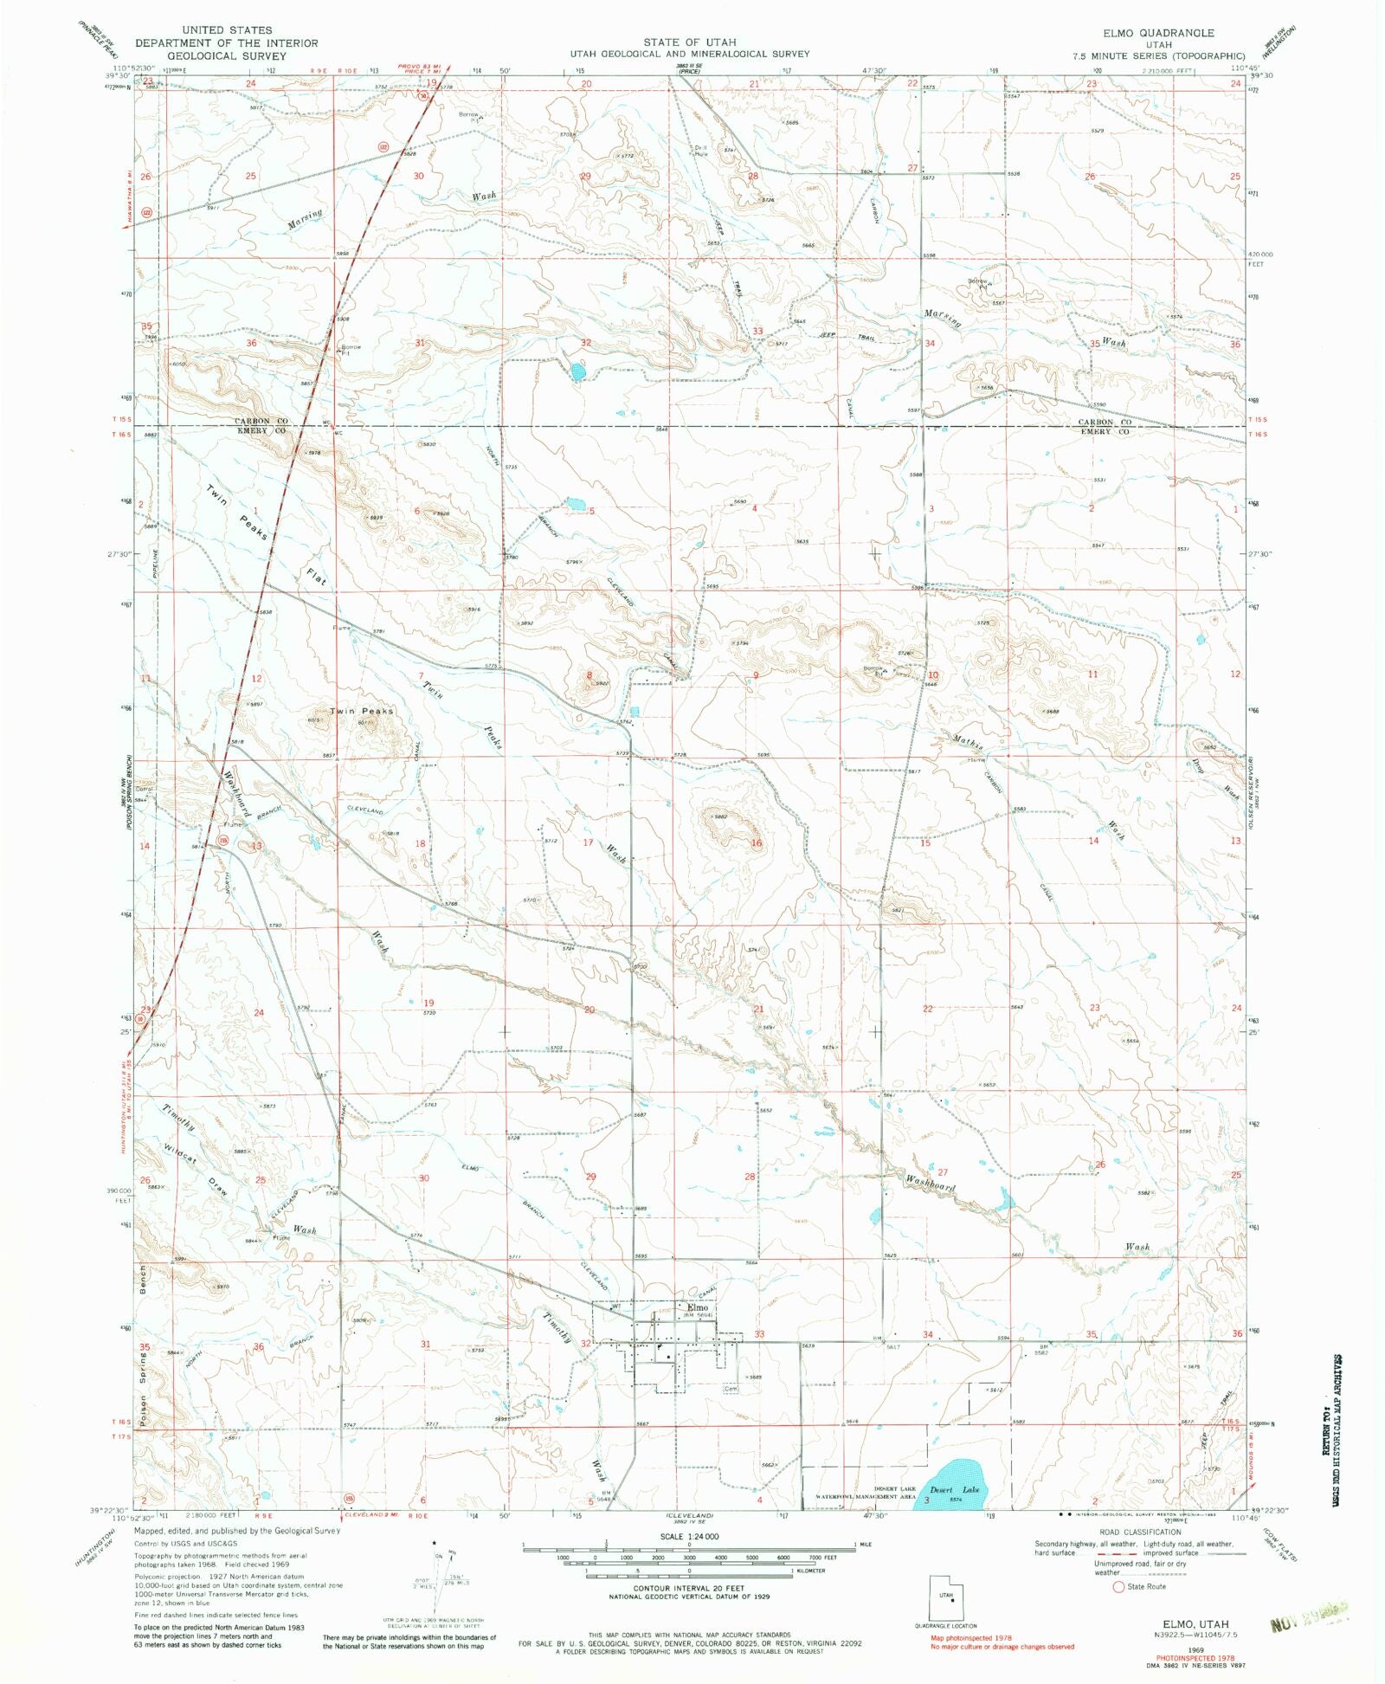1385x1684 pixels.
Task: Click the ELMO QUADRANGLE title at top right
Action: tap(1158, 32)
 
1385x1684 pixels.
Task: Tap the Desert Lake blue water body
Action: tap(952, 1483)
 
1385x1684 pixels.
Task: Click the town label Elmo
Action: tap(697, 1307)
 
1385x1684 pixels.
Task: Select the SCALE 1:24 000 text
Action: tap(689, 1536)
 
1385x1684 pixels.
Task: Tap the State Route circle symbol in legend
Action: tap(1118, 1587)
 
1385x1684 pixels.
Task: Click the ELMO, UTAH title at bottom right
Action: tap(1195, 1624)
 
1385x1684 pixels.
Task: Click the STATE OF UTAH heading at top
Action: tap(689, 42)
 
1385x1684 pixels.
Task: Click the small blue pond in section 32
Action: tap(577, 372)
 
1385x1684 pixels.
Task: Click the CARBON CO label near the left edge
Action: tap(260, 421)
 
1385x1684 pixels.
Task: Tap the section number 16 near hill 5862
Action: tap(756, 842)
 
